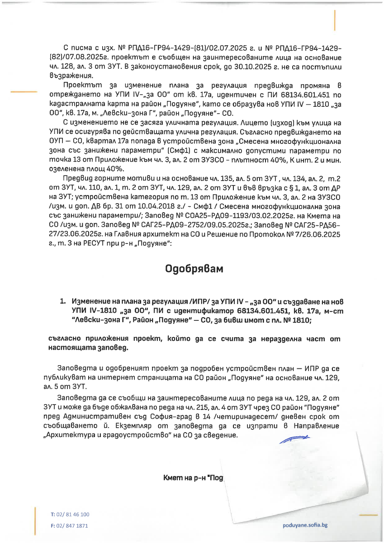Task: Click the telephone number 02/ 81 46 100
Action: coord(72,514)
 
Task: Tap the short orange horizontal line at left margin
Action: coord(24,92)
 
